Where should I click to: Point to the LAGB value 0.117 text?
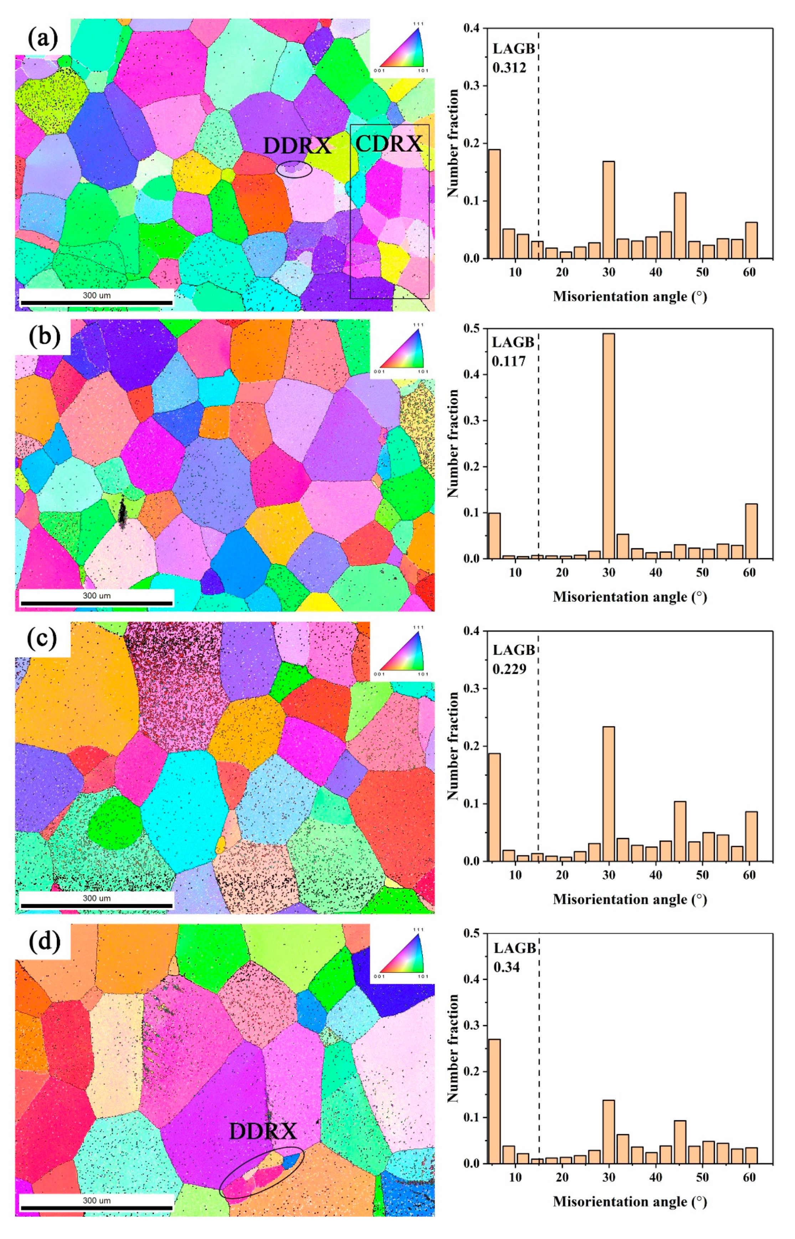[508, 361]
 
